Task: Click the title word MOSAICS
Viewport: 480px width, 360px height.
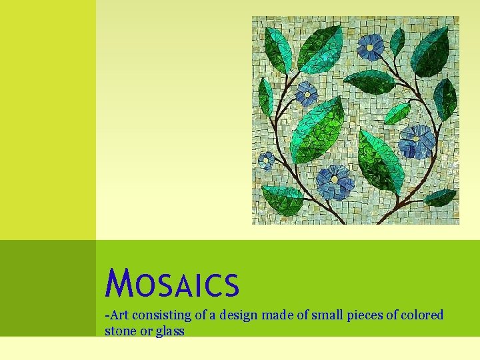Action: pos(171,283)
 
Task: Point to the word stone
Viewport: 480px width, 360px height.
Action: pos(120,331)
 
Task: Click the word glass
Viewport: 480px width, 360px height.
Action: pos(170,331)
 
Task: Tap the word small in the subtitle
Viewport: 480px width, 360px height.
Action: pos(321,315)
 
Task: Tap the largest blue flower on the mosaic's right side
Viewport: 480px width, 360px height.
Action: pos(416,140)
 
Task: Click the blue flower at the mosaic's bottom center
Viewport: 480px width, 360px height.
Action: pos(335,181)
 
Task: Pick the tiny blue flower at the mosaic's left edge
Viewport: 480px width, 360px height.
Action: pos(266,161)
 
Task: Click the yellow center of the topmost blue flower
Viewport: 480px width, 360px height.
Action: pos(370,47)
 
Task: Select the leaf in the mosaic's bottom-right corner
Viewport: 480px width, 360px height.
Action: pos(441,197)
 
